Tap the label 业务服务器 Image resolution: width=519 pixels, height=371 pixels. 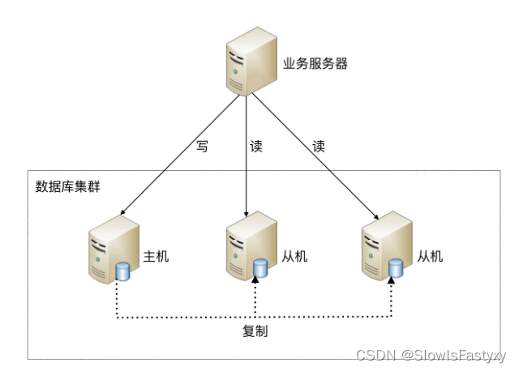315,64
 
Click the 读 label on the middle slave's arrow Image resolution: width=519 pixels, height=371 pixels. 256,147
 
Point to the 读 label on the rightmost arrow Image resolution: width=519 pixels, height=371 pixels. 318,147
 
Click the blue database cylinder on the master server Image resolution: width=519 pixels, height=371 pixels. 123,271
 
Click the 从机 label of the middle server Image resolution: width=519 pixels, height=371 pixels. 294,256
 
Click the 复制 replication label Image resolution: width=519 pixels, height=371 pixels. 255,331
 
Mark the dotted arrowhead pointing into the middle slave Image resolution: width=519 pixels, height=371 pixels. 256,280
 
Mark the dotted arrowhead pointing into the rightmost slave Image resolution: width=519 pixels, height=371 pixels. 393,280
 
